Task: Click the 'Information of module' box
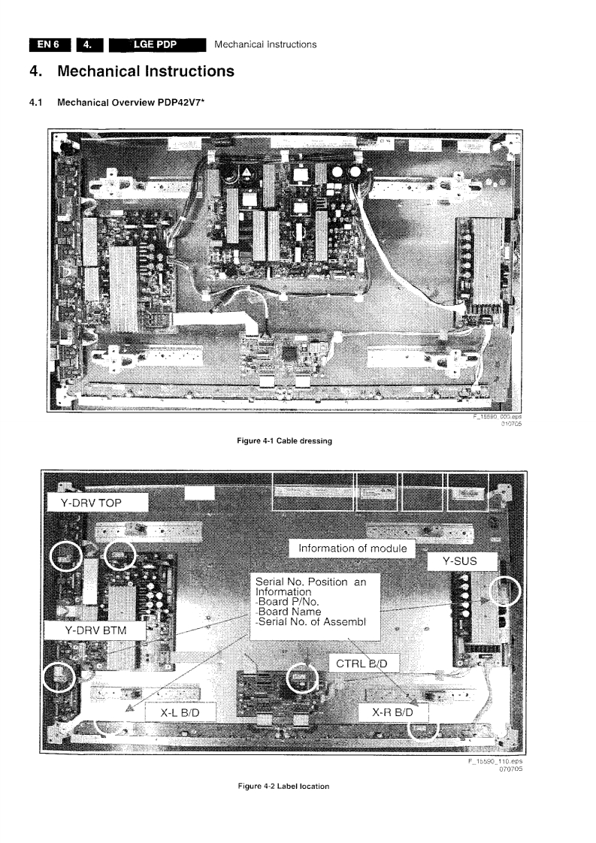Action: click(352, 548)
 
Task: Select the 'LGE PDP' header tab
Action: click(156, 44)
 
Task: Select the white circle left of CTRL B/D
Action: click(304, 677)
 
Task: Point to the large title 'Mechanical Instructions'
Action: click(146, 72)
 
